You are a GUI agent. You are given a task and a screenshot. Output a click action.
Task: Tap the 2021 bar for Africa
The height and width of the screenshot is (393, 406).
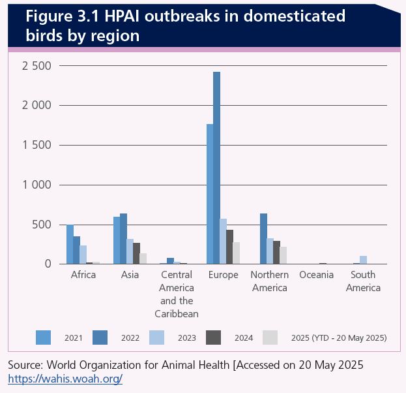coord(70,244)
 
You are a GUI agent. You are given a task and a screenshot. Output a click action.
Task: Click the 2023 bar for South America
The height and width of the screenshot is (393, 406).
coord(363,260)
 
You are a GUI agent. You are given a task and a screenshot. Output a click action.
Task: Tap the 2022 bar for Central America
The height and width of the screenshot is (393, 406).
coord(170,260)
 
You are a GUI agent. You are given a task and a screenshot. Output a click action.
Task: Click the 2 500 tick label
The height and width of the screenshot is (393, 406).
coord(36,65)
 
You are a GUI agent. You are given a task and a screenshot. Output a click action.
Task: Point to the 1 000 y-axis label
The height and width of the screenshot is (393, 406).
coord(36,185)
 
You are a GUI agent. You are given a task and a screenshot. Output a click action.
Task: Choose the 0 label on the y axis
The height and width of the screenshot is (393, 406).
coord(46,264)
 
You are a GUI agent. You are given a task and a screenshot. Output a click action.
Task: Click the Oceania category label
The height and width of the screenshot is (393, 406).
coord(316,275)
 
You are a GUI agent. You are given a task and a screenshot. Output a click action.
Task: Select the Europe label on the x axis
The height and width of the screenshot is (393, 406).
coord(223,275)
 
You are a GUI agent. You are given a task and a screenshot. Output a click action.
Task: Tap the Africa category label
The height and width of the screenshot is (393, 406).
coord(83,275)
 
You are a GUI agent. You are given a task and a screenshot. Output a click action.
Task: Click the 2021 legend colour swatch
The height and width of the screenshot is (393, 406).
coord(44,337)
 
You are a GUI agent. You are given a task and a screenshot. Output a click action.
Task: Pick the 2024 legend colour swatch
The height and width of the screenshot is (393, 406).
coord(214,337)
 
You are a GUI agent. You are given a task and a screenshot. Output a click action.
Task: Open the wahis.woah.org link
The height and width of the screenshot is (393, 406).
coord(65,378)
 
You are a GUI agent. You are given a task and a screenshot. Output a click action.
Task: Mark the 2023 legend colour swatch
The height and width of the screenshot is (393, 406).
coord(157,337)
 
